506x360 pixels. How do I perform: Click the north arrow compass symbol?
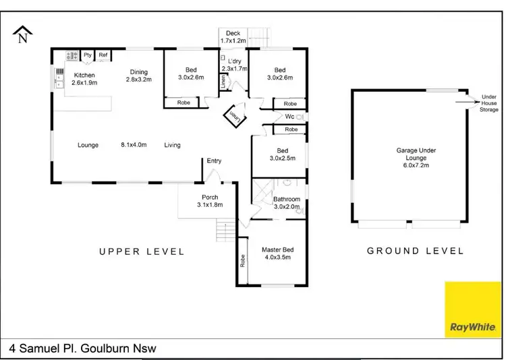23,34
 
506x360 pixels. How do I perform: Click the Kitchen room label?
84,79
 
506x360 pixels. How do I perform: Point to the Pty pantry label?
88,55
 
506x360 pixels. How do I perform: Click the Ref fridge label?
103,55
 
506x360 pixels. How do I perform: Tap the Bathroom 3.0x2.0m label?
287,203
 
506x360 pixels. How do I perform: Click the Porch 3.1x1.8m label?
209,201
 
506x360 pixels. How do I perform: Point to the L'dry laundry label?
234,65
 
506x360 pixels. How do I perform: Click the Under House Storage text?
488,103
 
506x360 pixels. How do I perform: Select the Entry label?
214,161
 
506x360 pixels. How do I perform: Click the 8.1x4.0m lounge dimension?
134,145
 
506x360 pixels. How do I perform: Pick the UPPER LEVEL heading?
142,251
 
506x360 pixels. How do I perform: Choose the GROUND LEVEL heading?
415,251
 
